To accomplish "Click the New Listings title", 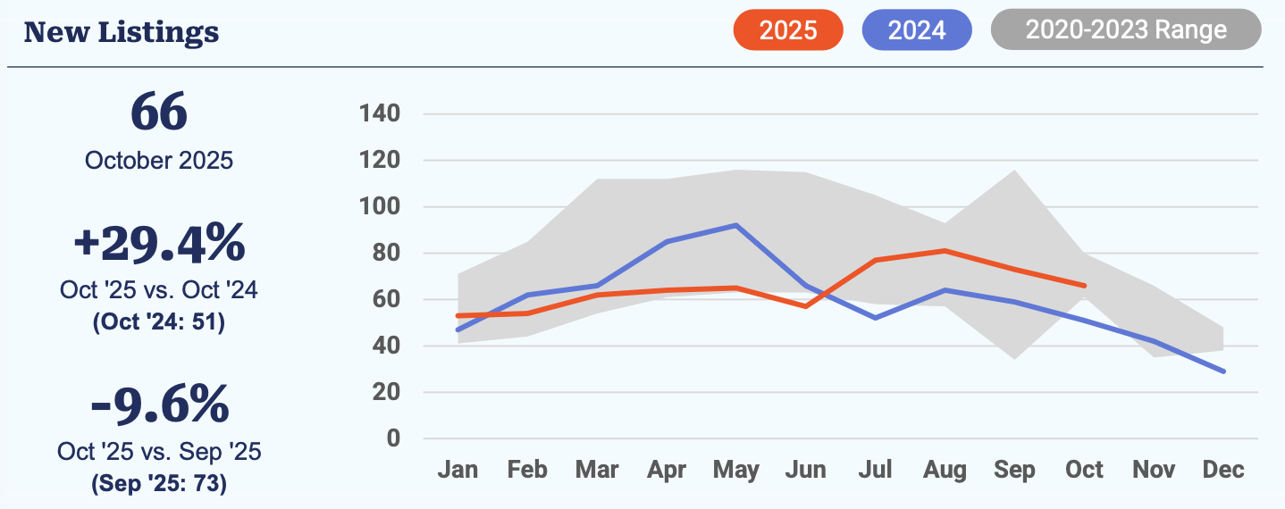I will click(x=122, y=32).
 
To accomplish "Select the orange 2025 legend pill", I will click(x=788, y=30).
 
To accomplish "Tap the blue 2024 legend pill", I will click(x=917, y=30).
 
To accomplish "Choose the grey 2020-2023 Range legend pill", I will click(x=1126, y=30).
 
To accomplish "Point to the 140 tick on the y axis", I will click(x=380, y=114).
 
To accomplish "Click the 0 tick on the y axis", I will click(x=393, y=438).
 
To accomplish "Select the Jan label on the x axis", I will click(x=458, y=471).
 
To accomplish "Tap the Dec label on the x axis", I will click(x=1223, y=471).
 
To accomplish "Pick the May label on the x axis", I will click(x=736, y=471).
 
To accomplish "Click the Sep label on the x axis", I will click(x=1015, y=471).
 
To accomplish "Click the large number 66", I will click(x=159, y=113).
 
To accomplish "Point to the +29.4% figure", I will click(x=159, y=244).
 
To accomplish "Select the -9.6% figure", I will click(x=159, y=405).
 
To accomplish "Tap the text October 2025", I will click(x=159, y=161).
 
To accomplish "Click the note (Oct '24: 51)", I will click(x=159, y=321).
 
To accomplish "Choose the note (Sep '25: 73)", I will click(x=159, y=484).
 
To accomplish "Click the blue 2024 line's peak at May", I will click(x=735, y=225).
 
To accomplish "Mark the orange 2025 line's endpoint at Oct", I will click(x=1085, y=286).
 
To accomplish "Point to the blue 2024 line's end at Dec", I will click(x=1223, y=371).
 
